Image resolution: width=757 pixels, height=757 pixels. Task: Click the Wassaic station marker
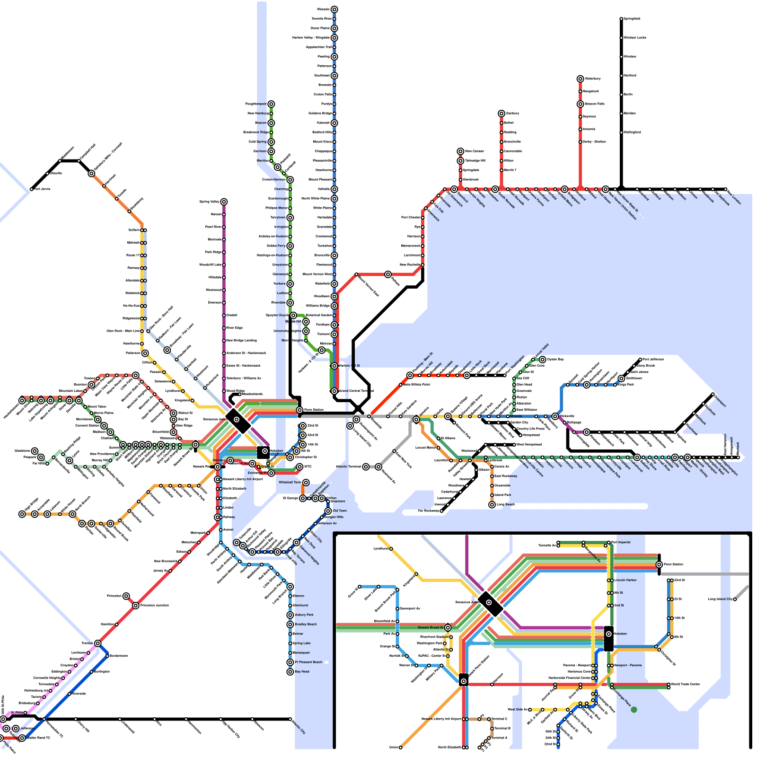click(334, 9)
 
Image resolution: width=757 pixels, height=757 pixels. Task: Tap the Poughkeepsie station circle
click(271, 104)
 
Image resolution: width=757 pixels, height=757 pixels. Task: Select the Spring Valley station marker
click(224, 202)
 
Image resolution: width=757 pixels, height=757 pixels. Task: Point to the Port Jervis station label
click(42, 189)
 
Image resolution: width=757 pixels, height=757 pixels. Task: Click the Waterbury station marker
click(580, 79)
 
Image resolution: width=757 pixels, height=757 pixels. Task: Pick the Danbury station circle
click(502, 114)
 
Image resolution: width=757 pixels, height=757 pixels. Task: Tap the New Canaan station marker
click(460, 151)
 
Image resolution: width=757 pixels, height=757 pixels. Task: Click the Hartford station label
click(630, 75)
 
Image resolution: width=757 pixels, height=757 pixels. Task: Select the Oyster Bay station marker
click(543, 360)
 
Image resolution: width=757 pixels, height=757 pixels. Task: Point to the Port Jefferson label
click(653, 359)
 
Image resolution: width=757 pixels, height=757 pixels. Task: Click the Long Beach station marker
click(492, 505)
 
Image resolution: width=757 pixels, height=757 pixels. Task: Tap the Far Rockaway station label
click(429, 511)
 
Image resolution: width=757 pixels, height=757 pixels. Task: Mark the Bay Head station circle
click(290, 672)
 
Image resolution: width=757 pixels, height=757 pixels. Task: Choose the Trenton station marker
click(97, 643)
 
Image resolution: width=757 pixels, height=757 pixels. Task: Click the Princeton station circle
click(126, 596)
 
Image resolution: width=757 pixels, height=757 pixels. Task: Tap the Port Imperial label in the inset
click(621, 542)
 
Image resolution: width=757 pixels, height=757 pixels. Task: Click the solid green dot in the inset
click(634, 710)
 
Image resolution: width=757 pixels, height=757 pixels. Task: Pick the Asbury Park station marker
click(290, 615)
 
